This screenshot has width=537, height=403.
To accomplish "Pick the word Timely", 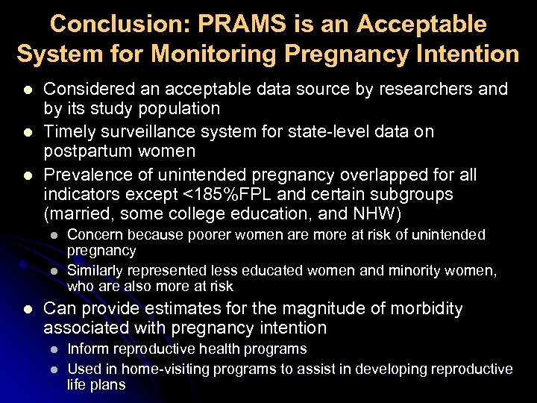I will pos(69,131).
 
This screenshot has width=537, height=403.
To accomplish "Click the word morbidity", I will pos(425,308).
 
